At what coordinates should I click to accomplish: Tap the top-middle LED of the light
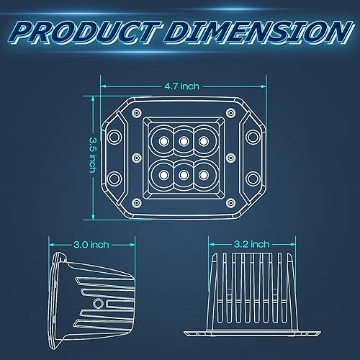[184, 140]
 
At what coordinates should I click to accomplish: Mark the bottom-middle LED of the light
[184, 174]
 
